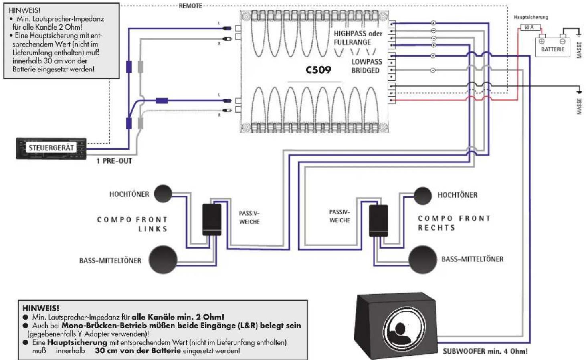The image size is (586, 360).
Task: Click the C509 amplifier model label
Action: [318, 70]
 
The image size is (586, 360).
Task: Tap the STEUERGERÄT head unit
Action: [51, 148]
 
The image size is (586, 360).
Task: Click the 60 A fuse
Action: [529, 27]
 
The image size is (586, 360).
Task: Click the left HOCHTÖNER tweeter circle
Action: [163, 194]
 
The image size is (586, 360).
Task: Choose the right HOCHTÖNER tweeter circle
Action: [422, 196]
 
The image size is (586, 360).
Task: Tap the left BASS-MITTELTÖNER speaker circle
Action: [163, 259]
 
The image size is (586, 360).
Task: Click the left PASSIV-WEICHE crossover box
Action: [212, 219]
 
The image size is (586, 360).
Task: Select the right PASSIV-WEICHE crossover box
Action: [378, 220]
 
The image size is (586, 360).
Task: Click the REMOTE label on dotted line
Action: [190, 6]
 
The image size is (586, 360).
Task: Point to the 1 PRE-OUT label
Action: [114, 161]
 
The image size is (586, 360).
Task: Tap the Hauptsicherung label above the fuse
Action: [531, 17]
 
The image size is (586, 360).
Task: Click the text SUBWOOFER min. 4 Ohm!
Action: [485, 351]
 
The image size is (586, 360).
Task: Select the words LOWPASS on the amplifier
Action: [366, 62]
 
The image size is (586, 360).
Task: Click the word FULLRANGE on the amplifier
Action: [352, 42]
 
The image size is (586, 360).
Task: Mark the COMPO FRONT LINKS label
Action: [133, 224]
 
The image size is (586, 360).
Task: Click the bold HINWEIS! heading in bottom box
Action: [40, 308]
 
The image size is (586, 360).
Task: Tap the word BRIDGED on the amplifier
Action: [365, 71]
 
